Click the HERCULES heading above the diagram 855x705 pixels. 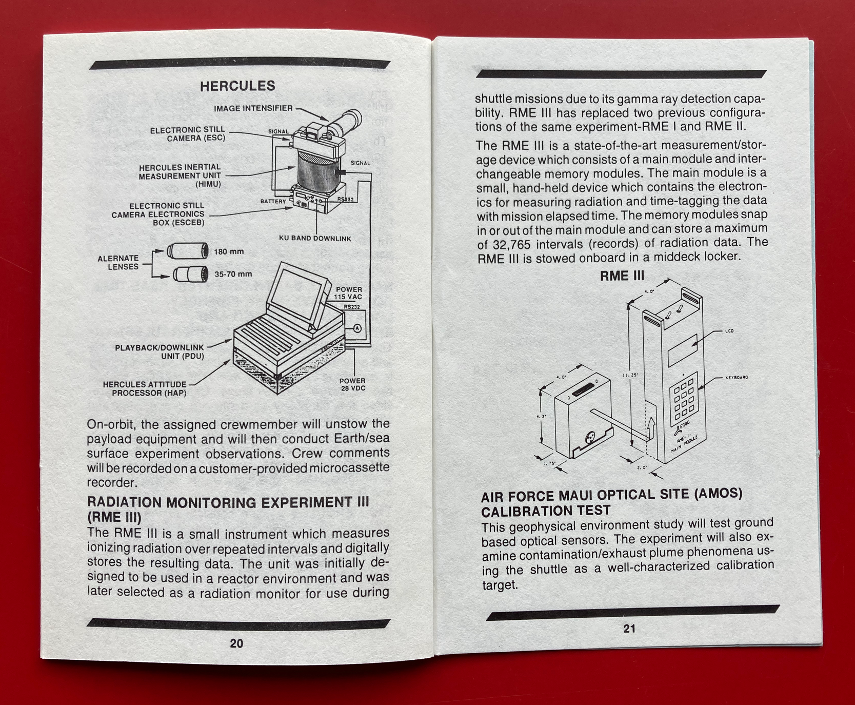click(x=237, y=86)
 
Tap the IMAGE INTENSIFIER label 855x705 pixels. click(x=253, y=108)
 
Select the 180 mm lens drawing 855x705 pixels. click(x=188, y=250)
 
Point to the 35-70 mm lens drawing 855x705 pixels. click(x=190, y=274)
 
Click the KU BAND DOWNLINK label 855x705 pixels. click(x=315, y=238)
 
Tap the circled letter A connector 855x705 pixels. click(x=357, y=328)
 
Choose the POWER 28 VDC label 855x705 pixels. click(x=352, y=384)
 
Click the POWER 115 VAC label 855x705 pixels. click(x=348, y=293)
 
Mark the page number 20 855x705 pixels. click(x=236, y=643)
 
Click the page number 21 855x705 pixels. click(x=629, y=629)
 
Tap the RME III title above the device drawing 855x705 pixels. click(x=622, y=276)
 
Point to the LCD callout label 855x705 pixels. click(x=729, y=331)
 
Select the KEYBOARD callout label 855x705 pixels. click(x=737, y=378)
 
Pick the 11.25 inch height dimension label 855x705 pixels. click(x=630, y=375)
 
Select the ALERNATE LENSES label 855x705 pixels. click(x=118, y=262)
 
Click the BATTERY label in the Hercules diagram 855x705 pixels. click(x=273, y=201)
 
